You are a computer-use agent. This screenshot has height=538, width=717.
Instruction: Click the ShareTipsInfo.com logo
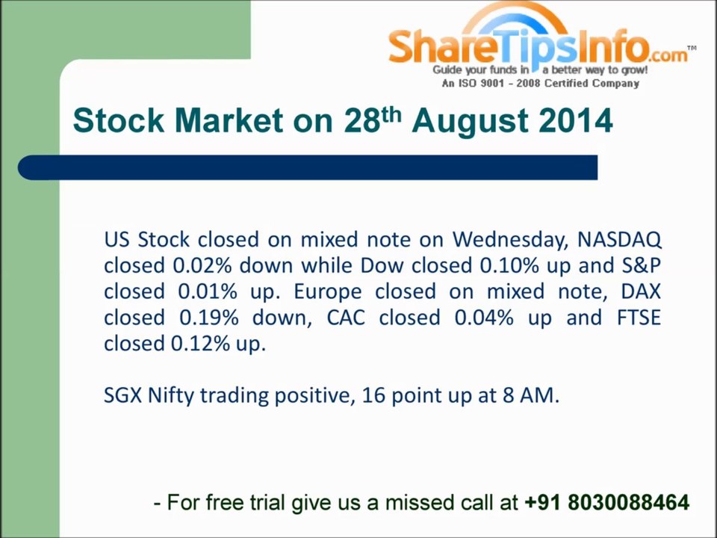[x=542, y=45]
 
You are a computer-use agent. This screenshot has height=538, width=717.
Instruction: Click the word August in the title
[x=470, y=121]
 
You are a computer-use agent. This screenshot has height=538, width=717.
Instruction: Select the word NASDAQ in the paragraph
[x=619, y=240]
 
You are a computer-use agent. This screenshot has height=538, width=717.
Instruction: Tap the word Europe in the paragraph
[x=327, y=292]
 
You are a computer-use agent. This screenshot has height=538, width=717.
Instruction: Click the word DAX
[x=641, y=292]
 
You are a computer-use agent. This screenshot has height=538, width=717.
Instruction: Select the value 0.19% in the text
[x=208, y=318]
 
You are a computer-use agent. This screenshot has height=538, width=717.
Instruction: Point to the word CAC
[x=346, y=318]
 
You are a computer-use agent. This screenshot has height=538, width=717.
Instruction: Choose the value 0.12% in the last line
[x=200, y=344]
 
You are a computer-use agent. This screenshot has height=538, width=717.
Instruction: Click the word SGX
[x=122, y=395]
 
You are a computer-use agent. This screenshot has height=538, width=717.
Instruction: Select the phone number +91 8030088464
[x=606, y=502]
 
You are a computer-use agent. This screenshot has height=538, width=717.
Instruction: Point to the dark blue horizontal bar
[x=308, y=167]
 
